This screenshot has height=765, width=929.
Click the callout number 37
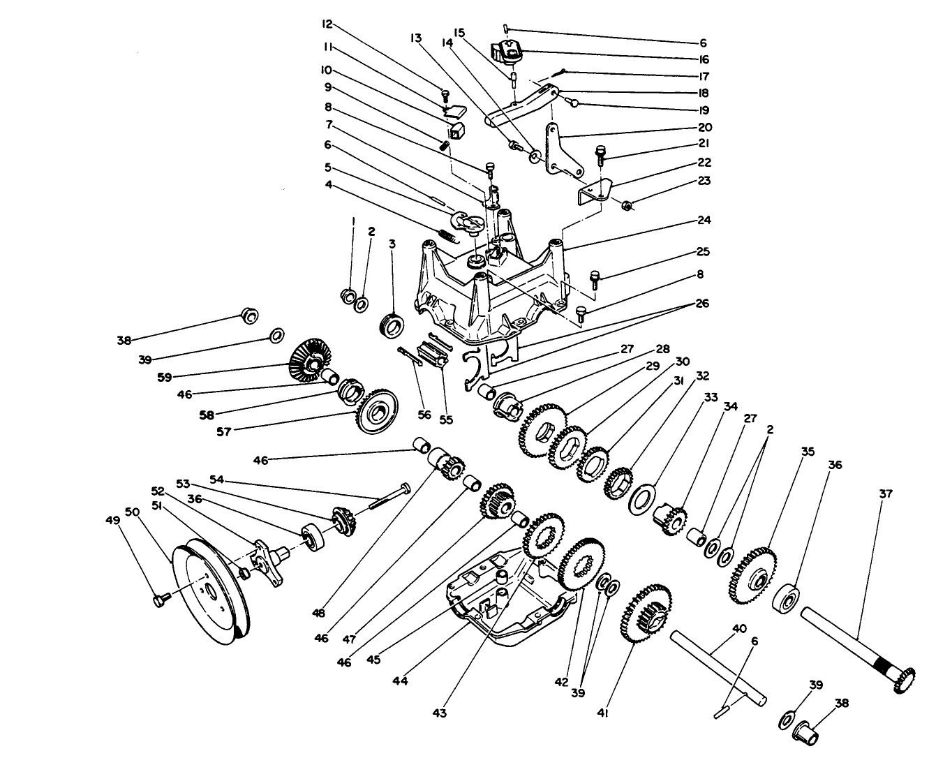click(886, 493)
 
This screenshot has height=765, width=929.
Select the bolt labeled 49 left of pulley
click(159, 599)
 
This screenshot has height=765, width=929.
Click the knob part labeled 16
click(508, 50)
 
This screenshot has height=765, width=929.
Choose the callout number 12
click(327, 24)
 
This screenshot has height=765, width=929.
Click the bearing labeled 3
click(392, 325)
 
